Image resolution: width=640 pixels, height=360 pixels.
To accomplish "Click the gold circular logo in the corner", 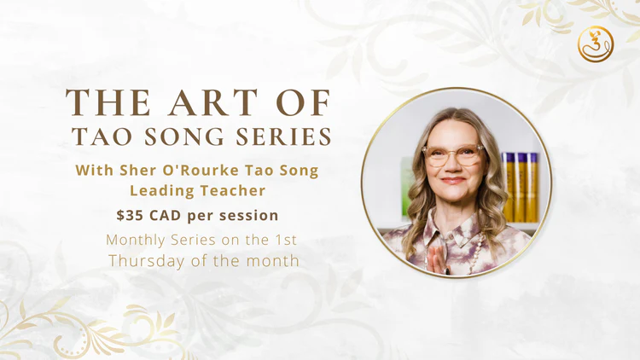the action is (x=596, y=44).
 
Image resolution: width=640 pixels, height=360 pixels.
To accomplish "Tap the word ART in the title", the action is (x=213, y=102).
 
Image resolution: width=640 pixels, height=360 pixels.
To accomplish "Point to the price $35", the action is (x=130, y=215).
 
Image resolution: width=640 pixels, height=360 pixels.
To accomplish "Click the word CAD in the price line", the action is (x=165, y=215).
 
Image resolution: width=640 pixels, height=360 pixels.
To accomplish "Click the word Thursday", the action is (x=146, y=261).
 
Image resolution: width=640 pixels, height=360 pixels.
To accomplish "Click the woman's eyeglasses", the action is (x=453, y=155).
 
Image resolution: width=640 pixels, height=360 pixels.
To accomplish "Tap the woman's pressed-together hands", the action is (x=435, y=261).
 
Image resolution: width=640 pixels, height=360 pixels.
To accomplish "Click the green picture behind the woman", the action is (x=407, y=187).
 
